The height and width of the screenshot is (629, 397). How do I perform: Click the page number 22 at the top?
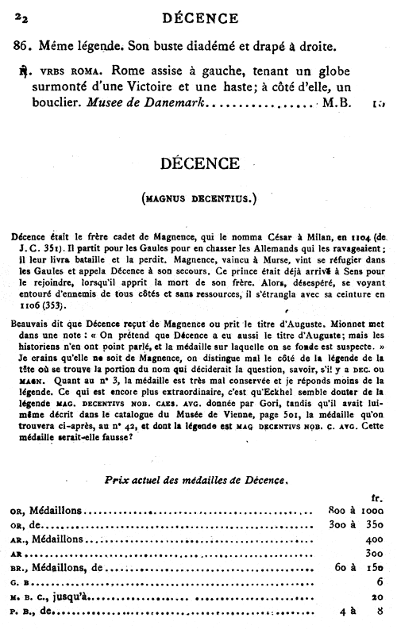pyautogui.click(x=20, y=12)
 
